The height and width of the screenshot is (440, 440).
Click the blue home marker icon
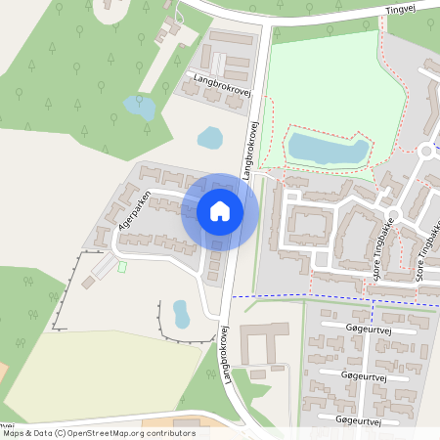point(220,211)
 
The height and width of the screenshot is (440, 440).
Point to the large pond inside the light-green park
point(329,150)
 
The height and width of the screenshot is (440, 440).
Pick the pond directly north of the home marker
point(210,138)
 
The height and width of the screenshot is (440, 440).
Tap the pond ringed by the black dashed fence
point(181,314)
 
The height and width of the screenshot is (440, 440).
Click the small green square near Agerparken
point(122,265)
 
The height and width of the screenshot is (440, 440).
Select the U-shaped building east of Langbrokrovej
point(257,343)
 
